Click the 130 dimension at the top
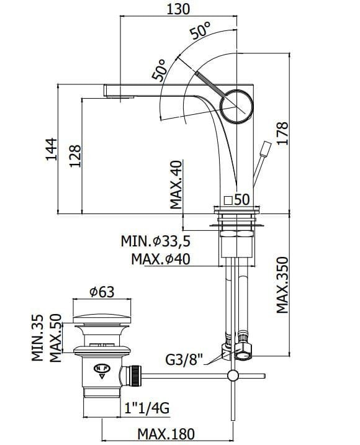178,9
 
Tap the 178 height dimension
282,133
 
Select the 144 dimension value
52,150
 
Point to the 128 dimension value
75,156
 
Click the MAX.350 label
282,285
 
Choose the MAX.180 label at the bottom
166,434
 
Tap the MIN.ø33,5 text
156,241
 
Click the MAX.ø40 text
161,259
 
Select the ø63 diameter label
102,292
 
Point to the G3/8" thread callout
184,361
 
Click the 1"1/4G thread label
147,408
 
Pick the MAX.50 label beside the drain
56,338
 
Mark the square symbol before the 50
228,200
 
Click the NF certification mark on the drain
102,371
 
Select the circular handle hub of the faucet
236,106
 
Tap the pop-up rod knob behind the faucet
266,149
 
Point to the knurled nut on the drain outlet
135,376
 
